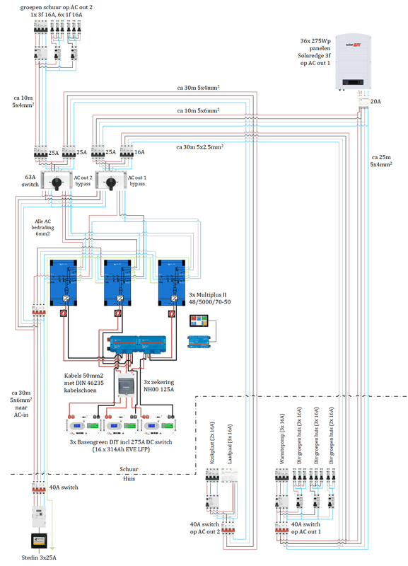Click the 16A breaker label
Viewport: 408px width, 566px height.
point(139,152)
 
